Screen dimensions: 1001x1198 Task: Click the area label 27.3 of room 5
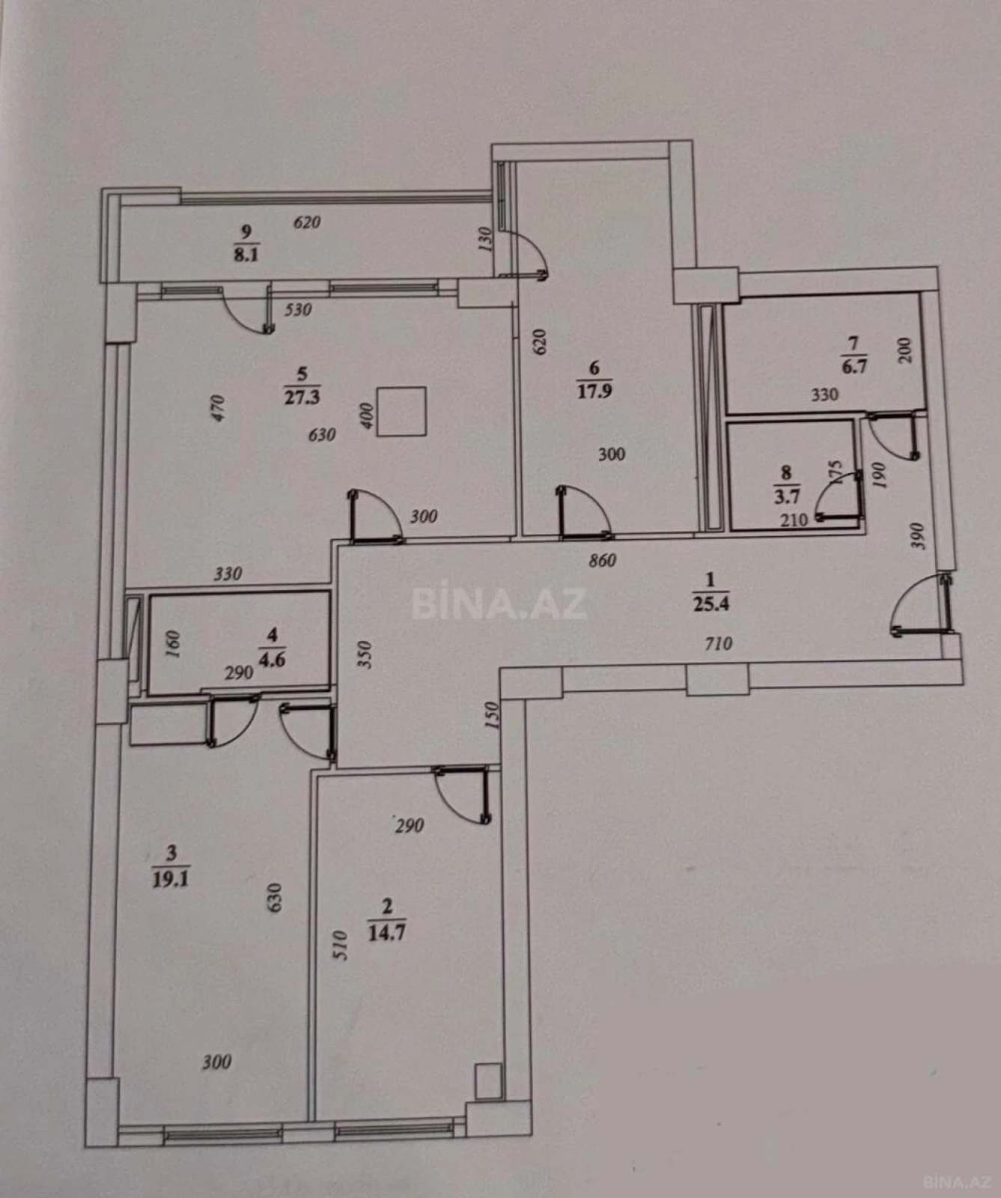point(302,397)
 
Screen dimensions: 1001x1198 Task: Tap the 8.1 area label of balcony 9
point(246,255)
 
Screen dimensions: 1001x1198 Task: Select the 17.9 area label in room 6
point(594,391)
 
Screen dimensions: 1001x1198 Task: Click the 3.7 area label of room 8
point(787,496)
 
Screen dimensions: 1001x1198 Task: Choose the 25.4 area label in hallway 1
point(711,603)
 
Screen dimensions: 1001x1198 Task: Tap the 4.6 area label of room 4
point(272,660)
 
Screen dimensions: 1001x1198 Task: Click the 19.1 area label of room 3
point(171,878)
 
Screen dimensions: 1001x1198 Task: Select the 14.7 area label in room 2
point(387,933)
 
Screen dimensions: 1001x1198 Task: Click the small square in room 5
point(401,411)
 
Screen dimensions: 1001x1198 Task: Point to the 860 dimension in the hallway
point(602,560)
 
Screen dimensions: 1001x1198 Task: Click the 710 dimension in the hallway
point(717,643)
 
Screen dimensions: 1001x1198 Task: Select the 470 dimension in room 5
point(218,408)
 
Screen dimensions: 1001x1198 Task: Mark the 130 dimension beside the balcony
point(484,239)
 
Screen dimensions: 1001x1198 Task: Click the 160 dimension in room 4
point(172,645)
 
